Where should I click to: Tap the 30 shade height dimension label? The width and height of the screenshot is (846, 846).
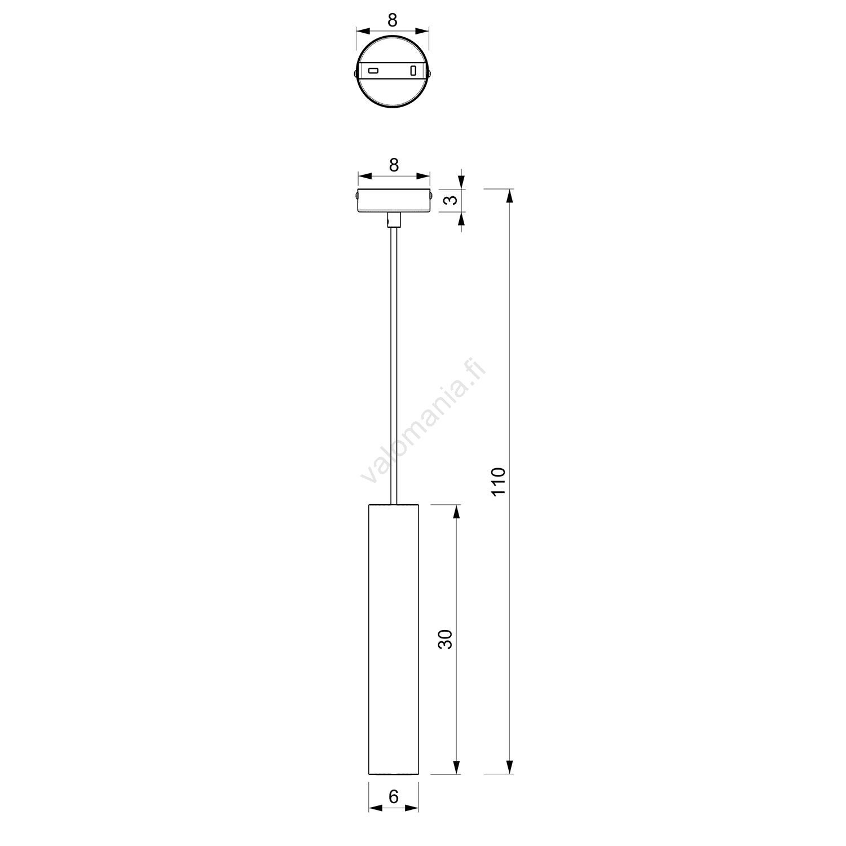[x=446, y=639]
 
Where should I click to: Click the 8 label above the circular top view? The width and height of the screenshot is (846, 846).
[x=393, y=20]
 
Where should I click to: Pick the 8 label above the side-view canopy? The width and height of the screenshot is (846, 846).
[x=394, y=165]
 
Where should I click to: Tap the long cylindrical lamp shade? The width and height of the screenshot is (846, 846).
[x=394, y=640]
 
